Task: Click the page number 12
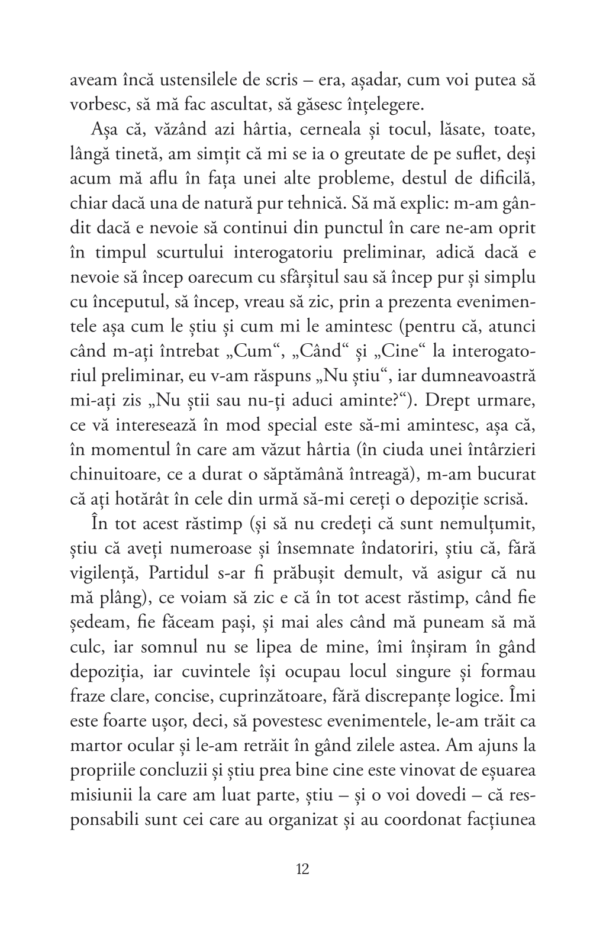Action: coord(302,870)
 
